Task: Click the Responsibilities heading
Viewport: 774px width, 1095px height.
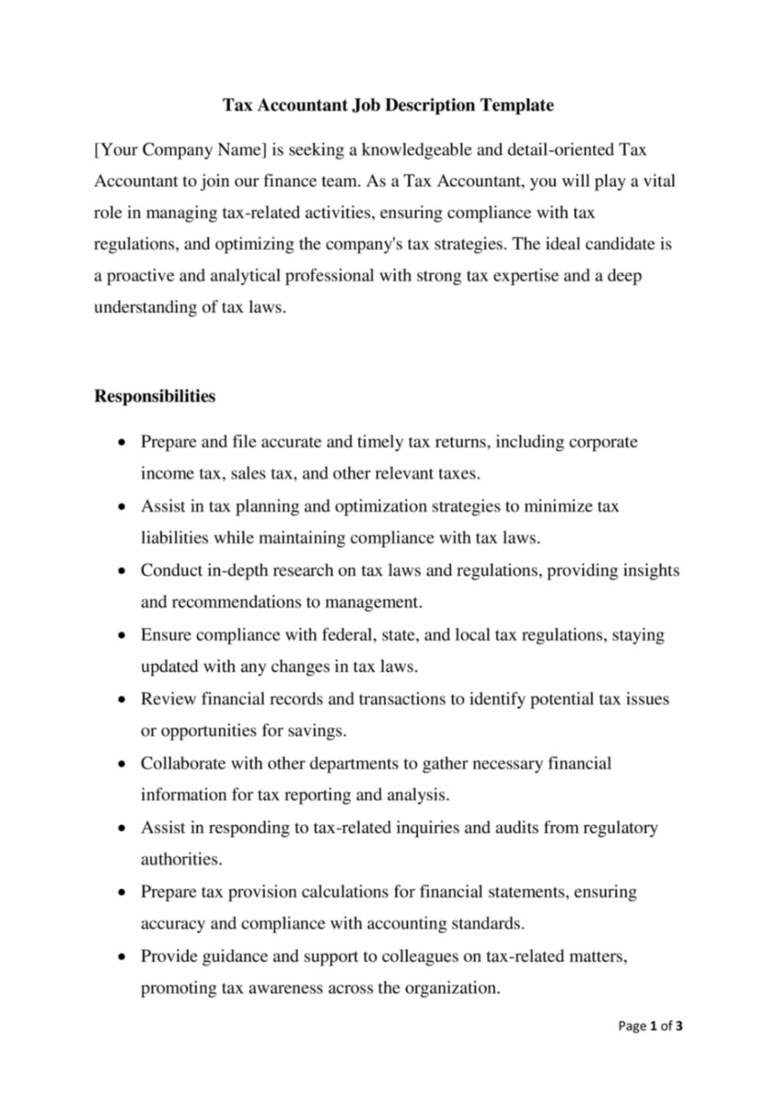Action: click(154, 396)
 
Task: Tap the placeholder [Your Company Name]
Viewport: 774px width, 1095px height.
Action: click(180, 150)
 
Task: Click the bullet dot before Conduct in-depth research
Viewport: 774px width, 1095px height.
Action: click(123, 571)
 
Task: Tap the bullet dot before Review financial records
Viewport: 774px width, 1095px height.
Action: click(123, 700)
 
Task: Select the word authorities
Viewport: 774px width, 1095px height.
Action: click(181, 860)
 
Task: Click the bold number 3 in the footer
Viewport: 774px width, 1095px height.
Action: click(679, 1026)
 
